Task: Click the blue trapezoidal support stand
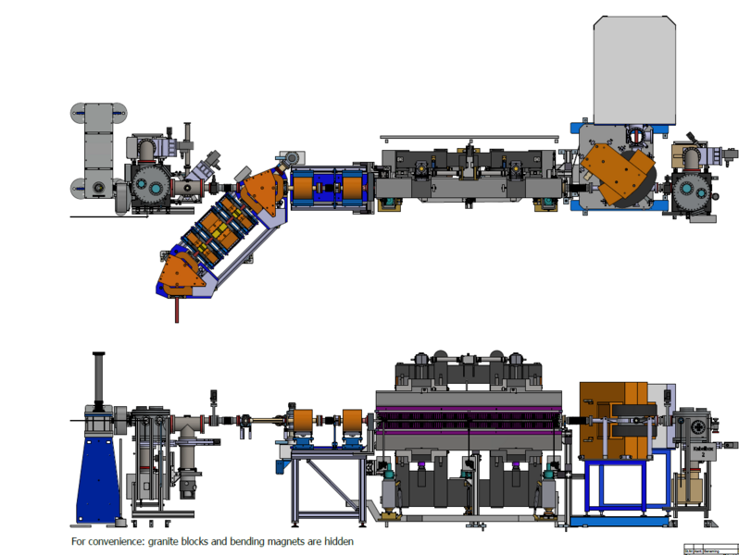(98, 473)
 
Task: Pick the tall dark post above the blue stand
(96, 379)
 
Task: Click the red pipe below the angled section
(171, 309)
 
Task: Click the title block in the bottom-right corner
(710, 549)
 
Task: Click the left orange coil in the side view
(302, 425)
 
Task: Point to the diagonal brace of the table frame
(329, 481)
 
